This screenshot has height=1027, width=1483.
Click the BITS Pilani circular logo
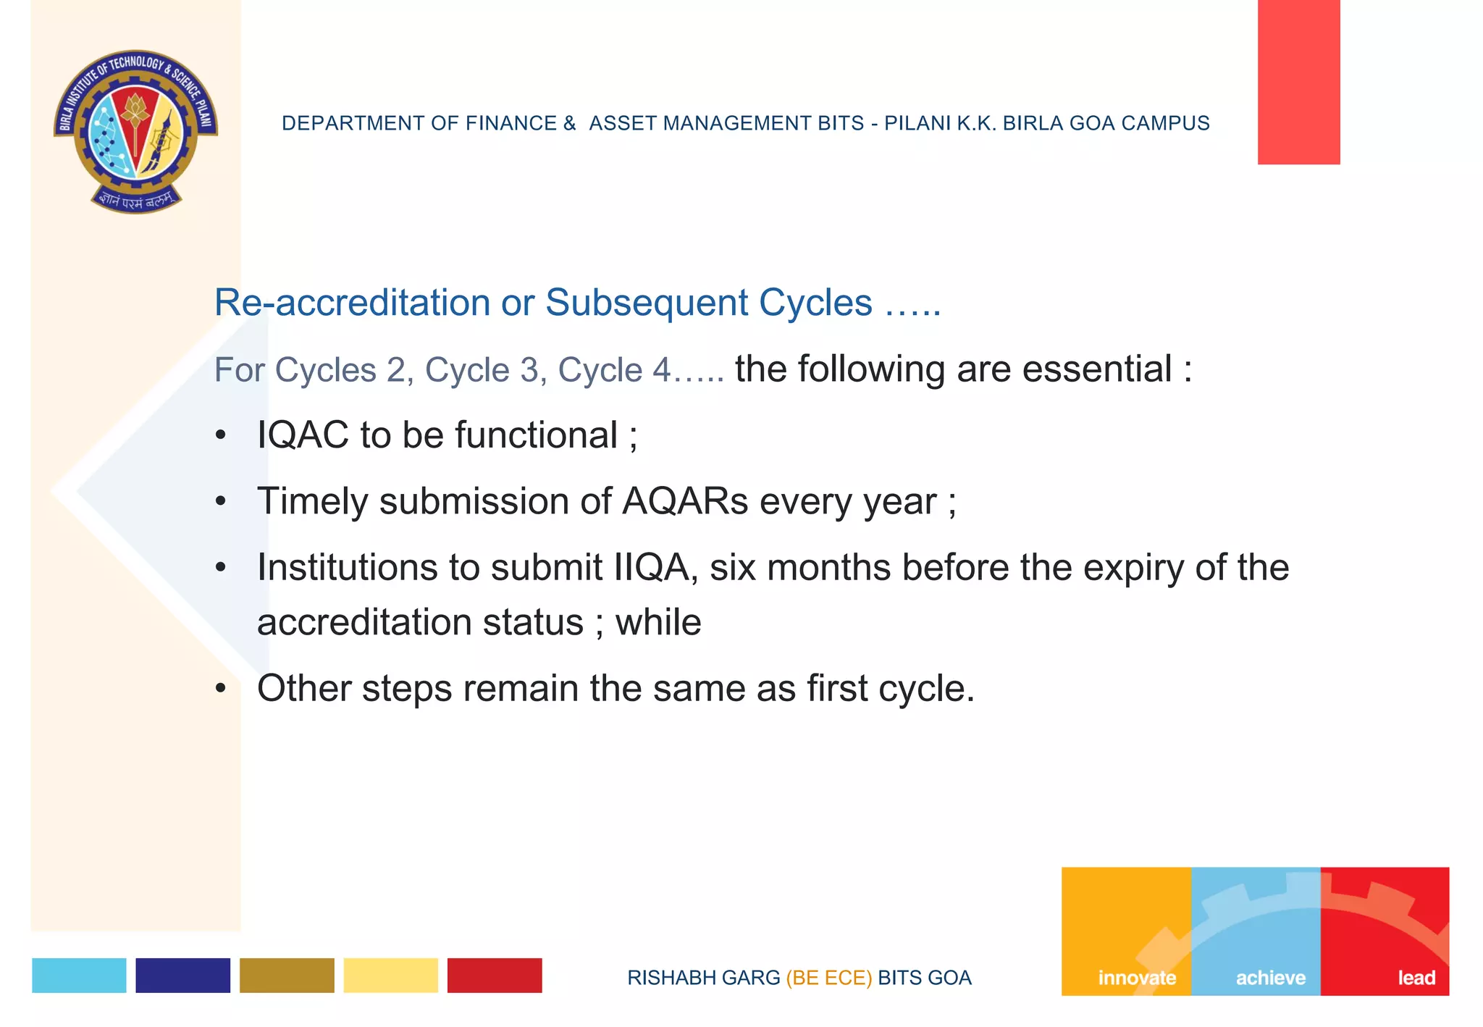click(135, 131)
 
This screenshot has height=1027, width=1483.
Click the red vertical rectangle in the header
click(1298, 82)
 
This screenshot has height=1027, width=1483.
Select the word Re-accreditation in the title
click(352, 303)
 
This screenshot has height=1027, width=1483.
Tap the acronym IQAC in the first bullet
click(303, 435)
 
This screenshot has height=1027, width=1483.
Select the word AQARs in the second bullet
click(685, 501)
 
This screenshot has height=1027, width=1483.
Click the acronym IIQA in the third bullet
click(651, 567)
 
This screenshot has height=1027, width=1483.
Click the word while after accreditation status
click(658, 622)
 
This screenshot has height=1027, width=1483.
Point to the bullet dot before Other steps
click(221, 687)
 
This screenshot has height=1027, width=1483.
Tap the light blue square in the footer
click(79, 975)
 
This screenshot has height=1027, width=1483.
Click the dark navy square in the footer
click(182, 975)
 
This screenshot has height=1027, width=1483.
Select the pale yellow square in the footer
click(390, 975)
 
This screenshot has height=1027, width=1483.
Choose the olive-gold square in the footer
click(287, 975)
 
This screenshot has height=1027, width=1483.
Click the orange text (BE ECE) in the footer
click(828, 978)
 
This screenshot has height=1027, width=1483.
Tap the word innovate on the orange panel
click(1137, 978)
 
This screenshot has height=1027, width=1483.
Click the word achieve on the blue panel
click(1271, 978)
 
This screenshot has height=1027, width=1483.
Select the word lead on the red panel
click(1416, 978)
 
